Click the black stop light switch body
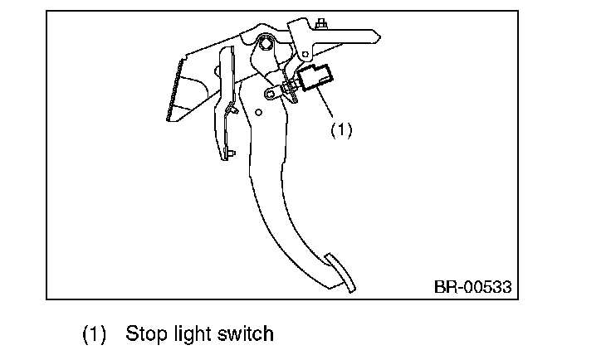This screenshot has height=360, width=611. coord(316,79)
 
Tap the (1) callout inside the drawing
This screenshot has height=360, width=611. coord(342,130)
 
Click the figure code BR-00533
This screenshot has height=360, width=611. coord(472,288)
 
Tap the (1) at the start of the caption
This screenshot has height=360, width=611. coord(95,334)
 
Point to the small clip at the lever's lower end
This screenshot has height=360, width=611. coord(230,153)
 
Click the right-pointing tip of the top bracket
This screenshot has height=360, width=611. coord(378,36)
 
